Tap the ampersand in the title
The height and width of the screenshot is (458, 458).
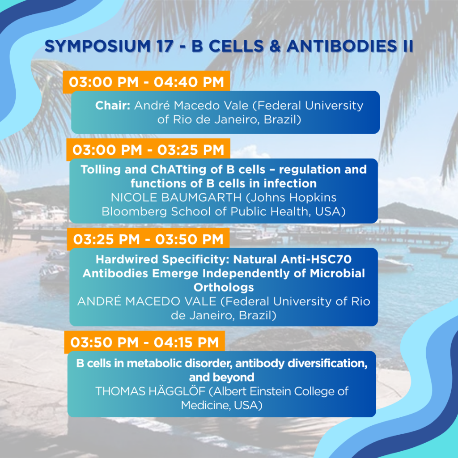(275, 46)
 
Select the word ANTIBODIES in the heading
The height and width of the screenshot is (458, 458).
(342, 46)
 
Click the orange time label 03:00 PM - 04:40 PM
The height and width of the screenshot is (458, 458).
(146, 82)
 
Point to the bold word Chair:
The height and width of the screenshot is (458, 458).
(113, 106)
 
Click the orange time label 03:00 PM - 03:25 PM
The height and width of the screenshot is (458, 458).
(148, 150)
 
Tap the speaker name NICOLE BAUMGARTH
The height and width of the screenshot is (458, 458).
(176, 198)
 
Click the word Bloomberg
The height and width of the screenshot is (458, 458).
(134, 212)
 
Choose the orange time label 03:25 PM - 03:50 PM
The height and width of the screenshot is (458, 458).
(148, 239)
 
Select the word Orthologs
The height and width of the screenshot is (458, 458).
(224, 288)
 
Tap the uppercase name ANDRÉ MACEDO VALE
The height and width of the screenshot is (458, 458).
(147, 301)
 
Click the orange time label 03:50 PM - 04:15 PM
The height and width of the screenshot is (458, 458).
(144, 342)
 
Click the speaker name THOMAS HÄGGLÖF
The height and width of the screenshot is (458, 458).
(150, 392)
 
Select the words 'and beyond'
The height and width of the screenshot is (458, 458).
(222, 377)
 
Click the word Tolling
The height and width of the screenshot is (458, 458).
(101, 170)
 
